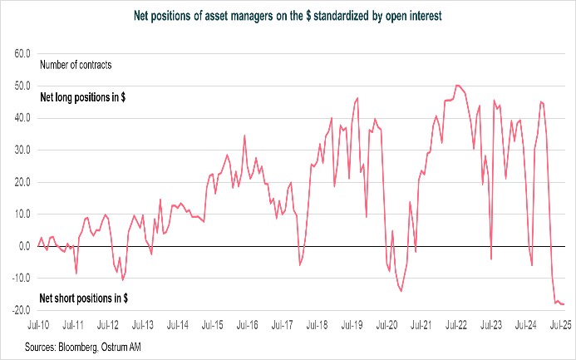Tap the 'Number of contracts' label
tap(76, 64)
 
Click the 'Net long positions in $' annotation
tap(83, 97)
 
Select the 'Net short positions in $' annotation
tap(84, 298)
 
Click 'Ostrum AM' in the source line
tap(124, 345)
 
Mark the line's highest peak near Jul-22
tap(457, 85)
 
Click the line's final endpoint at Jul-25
tap(564, 304)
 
